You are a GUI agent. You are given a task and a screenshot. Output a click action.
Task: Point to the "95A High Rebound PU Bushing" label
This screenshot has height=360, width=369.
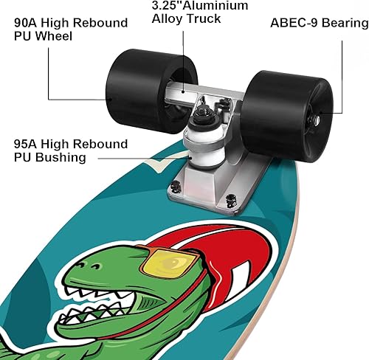pyautogui.click(x=70, y=150)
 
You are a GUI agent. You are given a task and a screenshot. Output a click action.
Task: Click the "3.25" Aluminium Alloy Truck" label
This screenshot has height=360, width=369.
pyautogui.click(x=199, y=11)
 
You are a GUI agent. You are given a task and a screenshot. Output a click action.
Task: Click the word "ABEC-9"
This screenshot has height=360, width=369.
pyautogui.click(x=289, y=22)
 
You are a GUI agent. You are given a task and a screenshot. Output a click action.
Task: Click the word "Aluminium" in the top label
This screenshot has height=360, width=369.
pyautogui.click(x=214, y=5)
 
